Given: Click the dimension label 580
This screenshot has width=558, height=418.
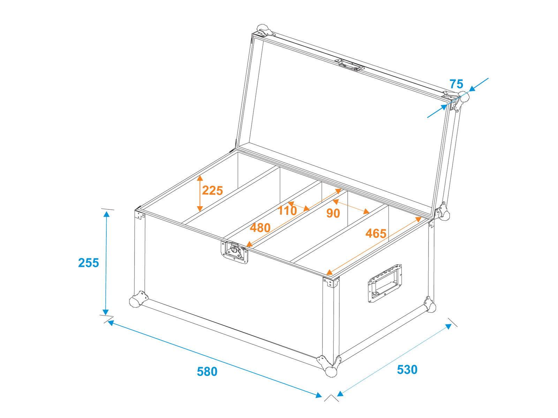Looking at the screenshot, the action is [x=207, y=372].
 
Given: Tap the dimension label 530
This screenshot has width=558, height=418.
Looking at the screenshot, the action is [x=407, y=370].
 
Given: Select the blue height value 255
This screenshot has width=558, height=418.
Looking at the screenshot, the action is [x=89, y=263].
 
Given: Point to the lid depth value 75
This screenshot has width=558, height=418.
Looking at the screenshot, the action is [x=456, y=84].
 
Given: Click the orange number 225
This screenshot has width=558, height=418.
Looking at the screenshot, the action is [x=212, y=190].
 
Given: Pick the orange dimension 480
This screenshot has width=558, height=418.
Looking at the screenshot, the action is [x=260, y=228].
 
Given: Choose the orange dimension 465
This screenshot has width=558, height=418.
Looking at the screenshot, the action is [x=376, y=233].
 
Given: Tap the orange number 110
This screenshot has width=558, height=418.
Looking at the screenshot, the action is [x=287, y=211].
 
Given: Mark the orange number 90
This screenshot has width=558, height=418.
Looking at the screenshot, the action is [x=333, y=213].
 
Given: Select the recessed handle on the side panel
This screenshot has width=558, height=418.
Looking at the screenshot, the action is [x=385, y=284].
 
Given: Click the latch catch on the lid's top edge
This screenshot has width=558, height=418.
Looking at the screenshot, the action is [x=349, y=65].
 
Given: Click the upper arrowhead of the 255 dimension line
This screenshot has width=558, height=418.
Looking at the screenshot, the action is [x=106, y=214].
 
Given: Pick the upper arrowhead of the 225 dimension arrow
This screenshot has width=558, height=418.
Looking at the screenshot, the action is [x=200, y=178].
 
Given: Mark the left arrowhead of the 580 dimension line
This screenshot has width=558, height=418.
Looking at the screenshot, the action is [x=111, y=323].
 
